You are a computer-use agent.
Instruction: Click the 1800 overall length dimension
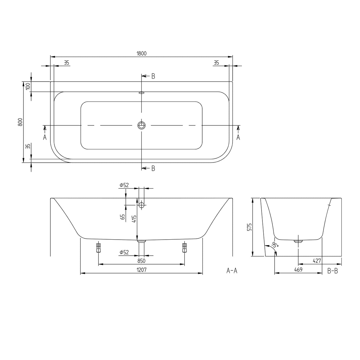(141, 54)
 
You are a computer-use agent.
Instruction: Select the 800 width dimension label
(20, 122)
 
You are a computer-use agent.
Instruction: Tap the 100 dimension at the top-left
(28, 87)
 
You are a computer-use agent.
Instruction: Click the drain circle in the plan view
(142, 125)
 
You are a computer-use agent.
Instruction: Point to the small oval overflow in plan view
(142, 93)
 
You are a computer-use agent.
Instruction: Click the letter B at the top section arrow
(153, 76)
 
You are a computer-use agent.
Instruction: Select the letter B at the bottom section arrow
(153, 168)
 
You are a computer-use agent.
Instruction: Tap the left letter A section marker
(45, 137)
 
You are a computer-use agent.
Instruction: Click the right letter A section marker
(238, 137)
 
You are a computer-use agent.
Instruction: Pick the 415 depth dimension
(134, 219)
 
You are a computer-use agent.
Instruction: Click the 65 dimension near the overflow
(122, 217)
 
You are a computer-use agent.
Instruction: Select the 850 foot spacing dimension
(141, 261)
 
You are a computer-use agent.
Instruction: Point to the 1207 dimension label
(141, 270)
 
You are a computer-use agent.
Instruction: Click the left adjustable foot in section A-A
(98, 247)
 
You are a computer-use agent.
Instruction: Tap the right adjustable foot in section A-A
(184, 247)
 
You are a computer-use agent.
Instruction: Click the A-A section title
(232, 270)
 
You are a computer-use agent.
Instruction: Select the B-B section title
(332, 270)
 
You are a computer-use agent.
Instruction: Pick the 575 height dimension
(249, 227)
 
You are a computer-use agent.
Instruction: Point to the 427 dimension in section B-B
(317, 261)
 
